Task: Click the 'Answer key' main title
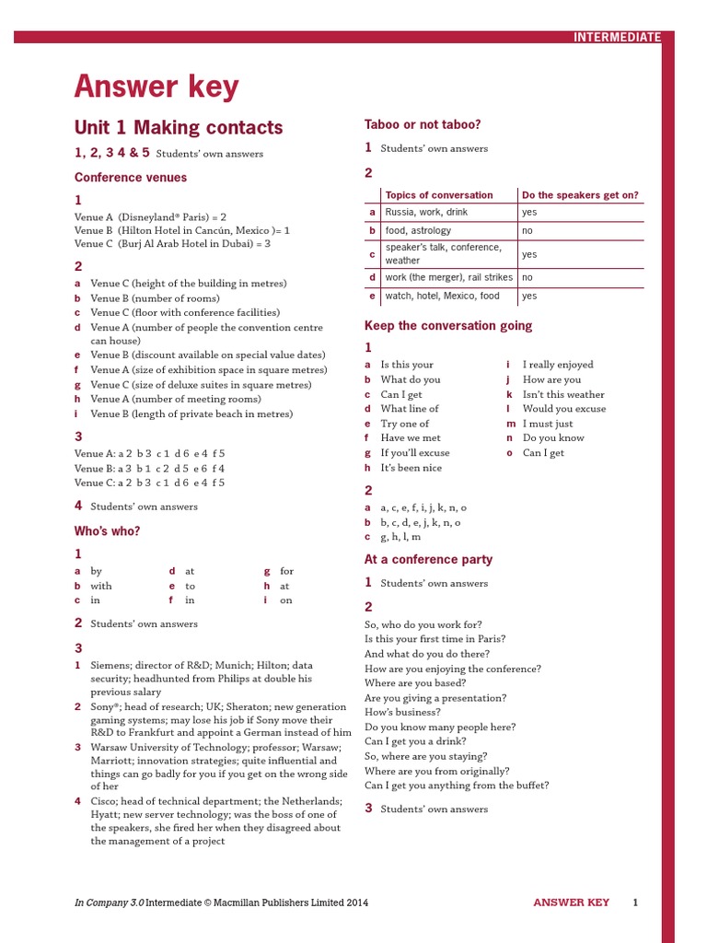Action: [x=156, y=87]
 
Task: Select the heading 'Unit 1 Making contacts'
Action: [x=179, y=128]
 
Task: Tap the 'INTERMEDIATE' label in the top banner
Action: [x=617, y=38]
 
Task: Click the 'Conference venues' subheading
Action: [x=131, y=178]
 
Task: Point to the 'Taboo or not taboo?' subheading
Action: [x=423, y=124]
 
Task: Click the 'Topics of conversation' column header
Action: [x=439, y=195]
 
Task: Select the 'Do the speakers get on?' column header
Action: [x=580, y=195]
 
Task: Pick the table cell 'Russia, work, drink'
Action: [x=426, y=212]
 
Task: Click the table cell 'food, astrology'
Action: [x=418, y=230]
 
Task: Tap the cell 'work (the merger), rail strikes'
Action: [x=448, y=277]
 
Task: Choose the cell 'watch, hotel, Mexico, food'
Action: [x=442, y=296]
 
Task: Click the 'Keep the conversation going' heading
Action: [x=448, y=326]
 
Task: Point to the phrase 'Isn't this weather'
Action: [x=563, y=394]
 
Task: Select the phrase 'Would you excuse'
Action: [x=564, y=409]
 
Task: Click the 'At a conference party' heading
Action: [x=428, y=560]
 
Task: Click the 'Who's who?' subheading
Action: [x=107, y=531]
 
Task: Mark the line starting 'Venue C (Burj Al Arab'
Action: [x=172, y=244]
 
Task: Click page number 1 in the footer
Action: [x=635, y=902]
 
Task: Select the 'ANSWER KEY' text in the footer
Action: [x=571, y=902]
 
